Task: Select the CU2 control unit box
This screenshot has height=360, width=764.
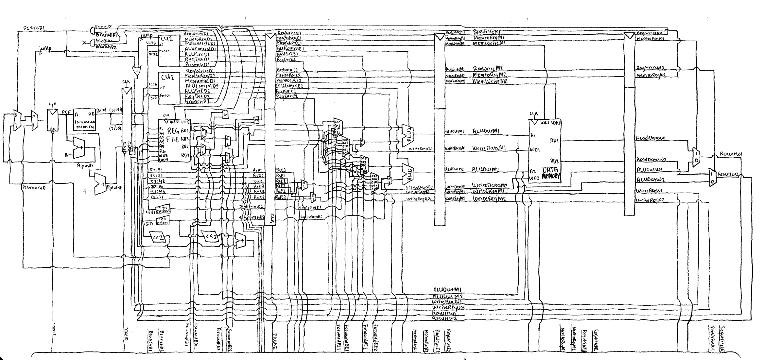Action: click(x=169, y=88)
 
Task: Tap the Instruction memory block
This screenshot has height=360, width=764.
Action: click(x=85, y=120)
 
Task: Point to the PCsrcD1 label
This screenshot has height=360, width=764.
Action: click(x=34, y=28)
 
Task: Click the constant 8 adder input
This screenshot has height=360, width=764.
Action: click(x=66, y=156)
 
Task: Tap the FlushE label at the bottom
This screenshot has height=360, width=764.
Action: click(x=275, y=342)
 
